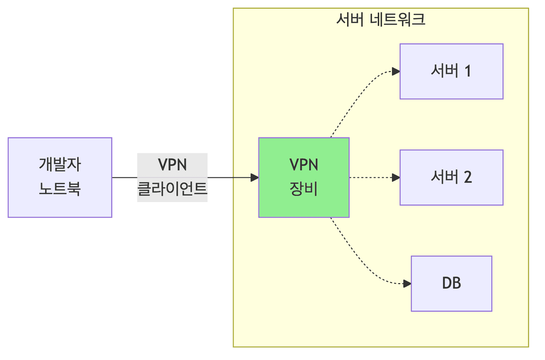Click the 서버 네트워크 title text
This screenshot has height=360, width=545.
(x=381, y=20)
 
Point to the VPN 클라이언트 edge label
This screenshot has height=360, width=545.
(x=172, y=177)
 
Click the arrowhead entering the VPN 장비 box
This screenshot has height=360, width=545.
(x=255, y=178)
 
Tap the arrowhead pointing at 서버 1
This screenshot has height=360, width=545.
(x=396, y=72)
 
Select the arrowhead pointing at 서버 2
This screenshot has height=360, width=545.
(x=396, y=178)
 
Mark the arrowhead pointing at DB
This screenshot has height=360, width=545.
(x=407, y=283)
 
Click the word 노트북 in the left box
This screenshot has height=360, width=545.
(x=60, y=189)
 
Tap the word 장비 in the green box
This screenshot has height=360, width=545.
(x=304, y=189)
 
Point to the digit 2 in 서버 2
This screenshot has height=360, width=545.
(x=468, y=177)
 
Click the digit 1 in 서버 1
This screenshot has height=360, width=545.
(x=468, y=71)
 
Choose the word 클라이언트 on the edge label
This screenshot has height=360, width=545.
(x=172, y=189)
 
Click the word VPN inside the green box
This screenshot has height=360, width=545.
(x=304, y=165)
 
